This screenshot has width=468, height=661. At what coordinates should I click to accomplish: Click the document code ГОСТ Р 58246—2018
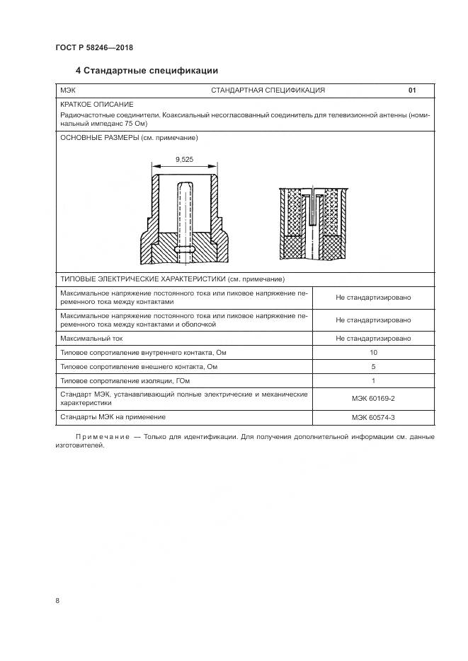click(93, 48)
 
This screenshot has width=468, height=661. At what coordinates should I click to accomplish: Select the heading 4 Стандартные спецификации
click(147, 71)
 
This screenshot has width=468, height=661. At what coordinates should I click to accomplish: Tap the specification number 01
click(412, 90)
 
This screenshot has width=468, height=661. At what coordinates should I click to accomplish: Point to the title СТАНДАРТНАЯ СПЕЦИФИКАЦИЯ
click(268, 90)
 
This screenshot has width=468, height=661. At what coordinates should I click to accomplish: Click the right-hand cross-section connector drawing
click(312, 224)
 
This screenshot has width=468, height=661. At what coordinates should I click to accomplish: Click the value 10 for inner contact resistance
click(373, 352)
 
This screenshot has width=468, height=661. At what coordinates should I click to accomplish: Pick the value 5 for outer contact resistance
click(373, 366)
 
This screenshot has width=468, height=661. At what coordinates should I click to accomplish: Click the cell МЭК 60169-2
click(373, 398)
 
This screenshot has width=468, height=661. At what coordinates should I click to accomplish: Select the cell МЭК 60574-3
click(373, 417)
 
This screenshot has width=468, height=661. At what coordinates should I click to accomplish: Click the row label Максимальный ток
click(92, 338)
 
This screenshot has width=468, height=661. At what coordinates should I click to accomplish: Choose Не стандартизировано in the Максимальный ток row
click(373, 338)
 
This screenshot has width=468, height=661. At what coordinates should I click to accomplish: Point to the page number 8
click(57, 600)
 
